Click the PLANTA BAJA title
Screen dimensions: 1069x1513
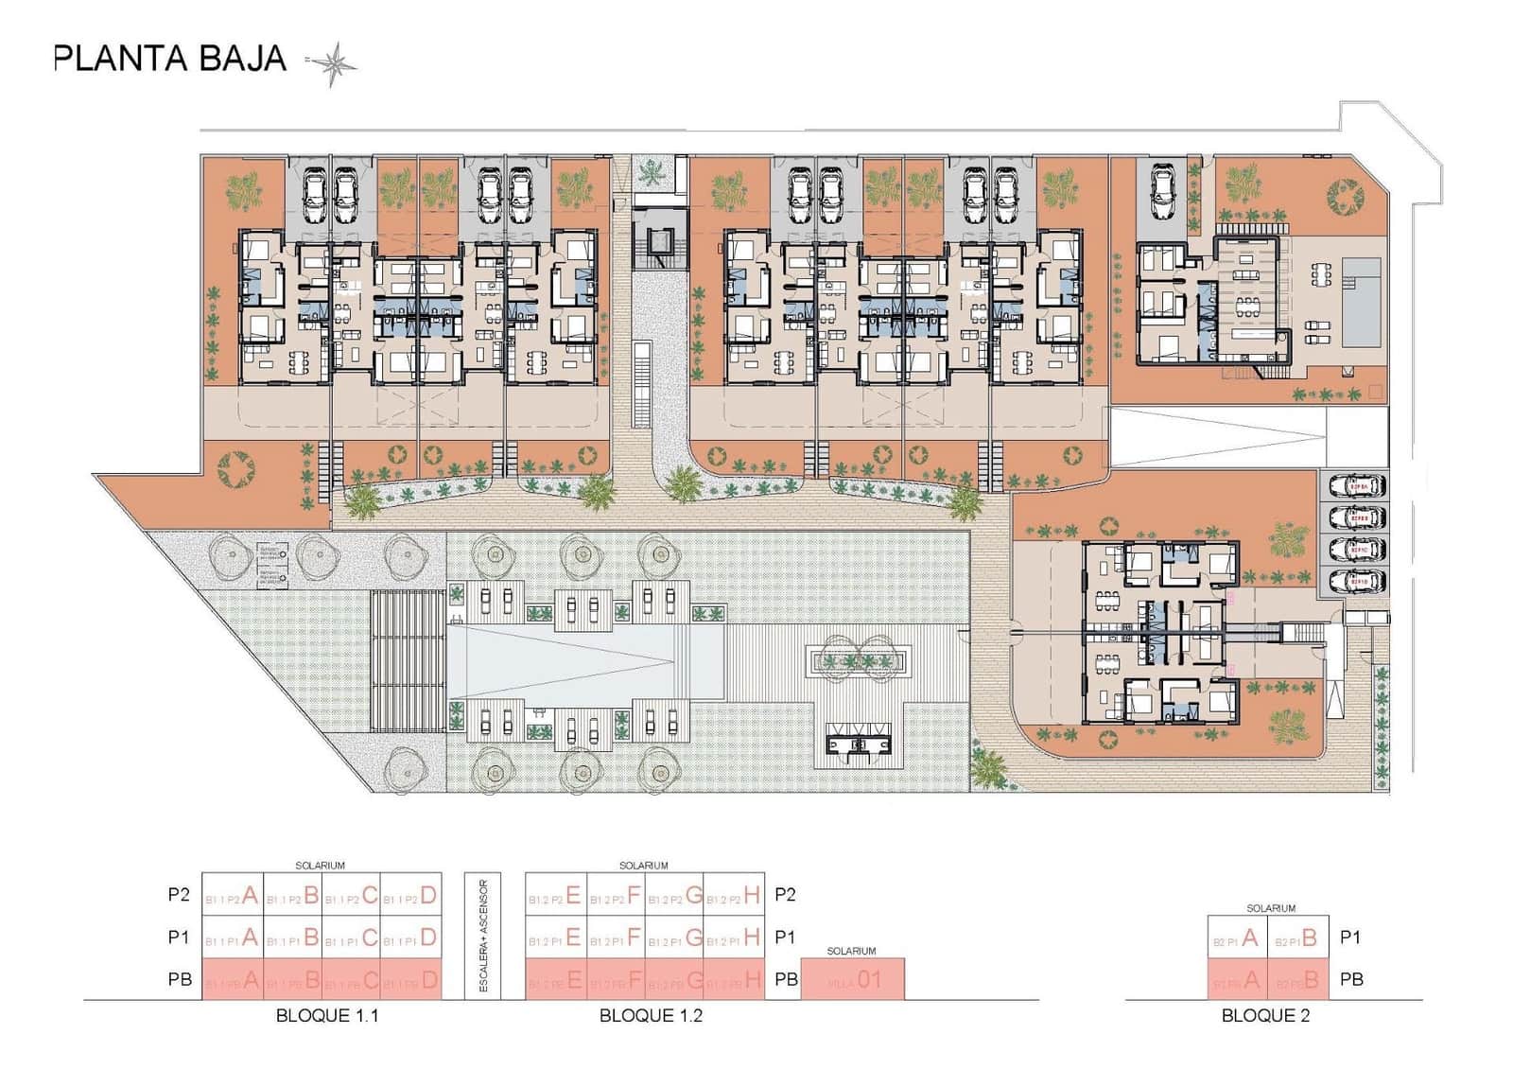click(x=170, y=59)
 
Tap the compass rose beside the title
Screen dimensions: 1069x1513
click(x=333, y=64)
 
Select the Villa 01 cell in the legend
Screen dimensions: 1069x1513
click(x=852, y=980)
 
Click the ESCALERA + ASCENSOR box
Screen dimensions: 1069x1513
click(x=482, y=935)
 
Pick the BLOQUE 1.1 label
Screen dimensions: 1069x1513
click(x=327, y=1016)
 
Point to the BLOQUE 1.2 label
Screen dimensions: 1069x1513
click(x=651, y=1016)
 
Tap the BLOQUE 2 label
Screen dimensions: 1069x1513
click(x=1265, y=1016)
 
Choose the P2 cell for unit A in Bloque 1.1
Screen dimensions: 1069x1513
click(x=233, y=895)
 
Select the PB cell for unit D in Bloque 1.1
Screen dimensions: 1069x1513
click(x=410, y=980)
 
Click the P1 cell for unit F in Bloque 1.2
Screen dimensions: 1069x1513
click(x=616, y=938)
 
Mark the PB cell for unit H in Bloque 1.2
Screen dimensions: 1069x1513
click(x=734, y=980)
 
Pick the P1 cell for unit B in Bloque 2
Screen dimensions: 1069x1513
click(x=1297, y=938)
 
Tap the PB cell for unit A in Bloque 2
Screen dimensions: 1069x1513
click(x=1237, y=980)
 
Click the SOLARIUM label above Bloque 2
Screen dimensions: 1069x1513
click(x=1270, y=908)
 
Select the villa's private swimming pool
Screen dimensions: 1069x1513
click(x=1358, y=300)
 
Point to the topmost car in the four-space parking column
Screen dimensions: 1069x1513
click(x=1357, y=486)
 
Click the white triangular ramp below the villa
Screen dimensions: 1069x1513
click(x=1220, y=436)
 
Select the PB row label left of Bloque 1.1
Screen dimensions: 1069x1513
click(x=180, y=980)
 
